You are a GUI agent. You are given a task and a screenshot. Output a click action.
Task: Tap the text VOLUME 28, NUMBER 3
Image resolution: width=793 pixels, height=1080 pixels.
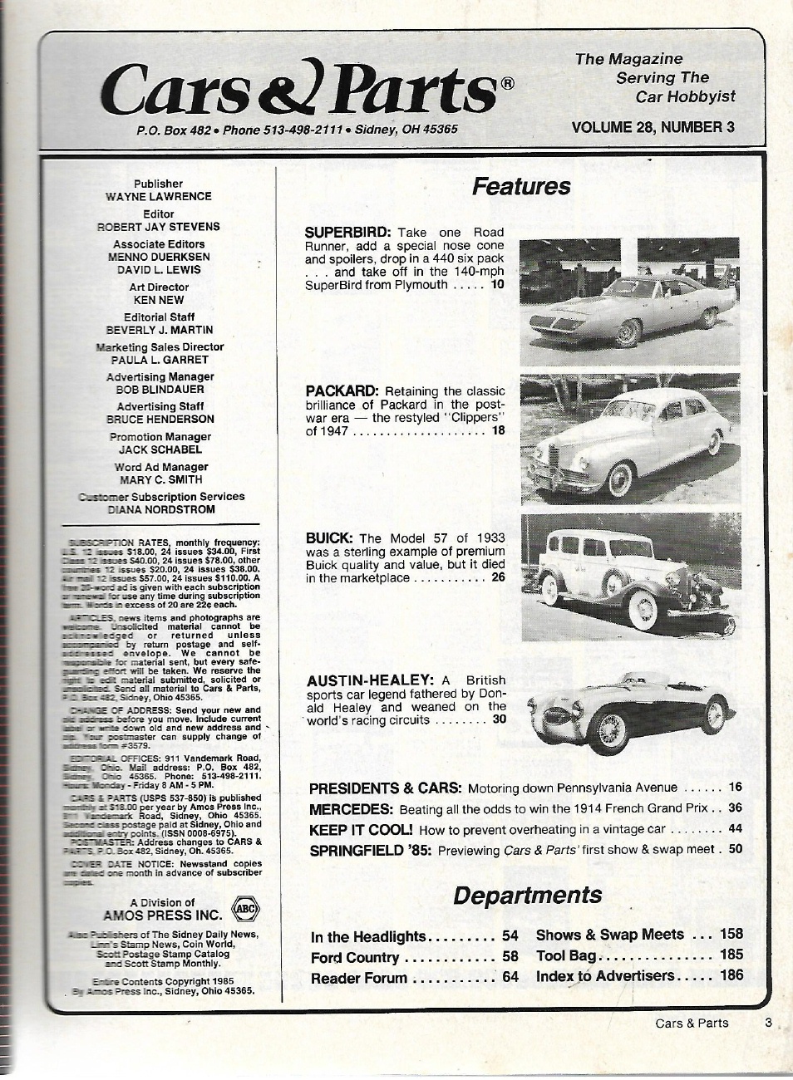(653, 127)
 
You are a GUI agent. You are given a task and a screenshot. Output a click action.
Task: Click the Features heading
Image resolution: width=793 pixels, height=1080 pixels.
(521, 186)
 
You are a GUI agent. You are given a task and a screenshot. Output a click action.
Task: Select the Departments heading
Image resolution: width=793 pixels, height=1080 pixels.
(527, 895)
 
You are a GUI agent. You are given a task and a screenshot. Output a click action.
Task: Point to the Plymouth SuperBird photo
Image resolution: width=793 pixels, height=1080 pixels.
(629, 302)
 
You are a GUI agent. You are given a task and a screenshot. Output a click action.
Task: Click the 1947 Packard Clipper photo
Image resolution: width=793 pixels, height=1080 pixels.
(629, 439)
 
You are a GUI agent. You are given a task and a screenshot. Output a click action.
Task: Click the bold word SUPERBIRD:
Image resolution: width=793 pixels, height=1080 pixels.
(348, 233)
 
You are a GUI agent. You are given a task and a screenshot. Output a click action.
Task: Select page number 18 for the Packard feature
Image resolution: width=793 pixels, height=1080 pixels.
(497, 430)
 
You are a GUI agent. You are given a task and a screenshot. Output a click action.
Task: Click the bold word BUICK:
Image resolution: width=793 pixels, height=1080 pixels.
(330, 538)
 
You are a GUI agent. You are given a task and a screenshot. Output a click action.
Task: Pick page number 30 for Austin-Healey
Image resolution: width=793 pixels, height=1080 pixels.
(498, 719)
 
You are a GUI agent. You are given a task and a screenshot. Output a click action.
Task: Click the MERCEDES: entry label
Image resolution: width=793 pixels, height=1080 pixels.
(350, 808)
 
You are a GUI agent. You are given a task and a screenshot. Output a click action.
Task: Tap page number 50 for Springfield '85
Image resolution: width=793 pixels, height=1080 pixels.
(735, 849)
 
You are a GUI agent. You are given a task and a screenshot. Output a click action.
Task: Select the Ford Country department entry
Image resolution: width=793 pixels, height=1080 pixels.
(355, 957)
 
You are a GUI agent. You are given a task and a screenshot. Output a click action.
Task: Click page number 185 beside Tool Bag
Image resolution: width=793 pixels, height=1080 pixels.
(731, 955)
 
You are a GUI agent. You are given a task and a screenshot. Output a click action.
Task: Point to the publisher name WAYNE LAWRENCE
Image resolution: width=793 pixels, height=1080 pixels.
(158, 197)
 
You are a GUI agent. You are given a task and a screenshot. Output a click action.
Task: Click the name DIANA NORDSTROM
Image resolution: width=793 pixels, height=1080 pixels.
(161, 509)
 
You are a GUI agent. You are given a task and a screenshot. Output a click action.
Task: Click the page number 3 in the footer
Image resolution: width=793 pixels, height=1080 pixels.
(768, 1023)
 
